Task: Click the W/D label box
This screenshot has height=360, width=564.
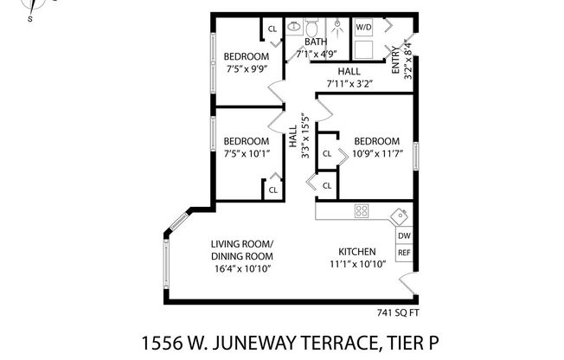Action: point(363,28)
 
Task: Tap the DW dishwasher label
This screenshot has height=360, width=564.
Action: point(404,235)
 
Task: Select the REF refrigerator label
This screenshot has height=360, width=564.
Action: point(404,254)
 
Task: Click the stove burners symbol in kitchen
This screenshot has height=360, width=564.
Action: point(362,210)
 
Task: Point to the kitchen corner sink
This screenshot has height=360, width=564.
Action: point(399,215)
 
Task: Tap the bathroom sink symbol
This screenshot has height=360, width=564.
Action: point(293,27)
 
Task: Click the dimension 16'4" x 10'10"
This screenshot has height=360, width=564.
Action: point(241,269)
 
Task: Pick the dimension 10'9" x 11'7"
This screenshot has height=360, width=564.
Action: point(376,154)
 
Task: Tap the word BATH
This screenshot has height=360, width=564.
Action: point(315,42)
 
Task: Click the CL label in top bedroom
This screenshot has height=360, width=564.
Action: point(272,29)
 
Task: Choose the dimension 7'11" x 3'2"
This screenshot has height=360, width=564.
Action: point(349,84)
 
